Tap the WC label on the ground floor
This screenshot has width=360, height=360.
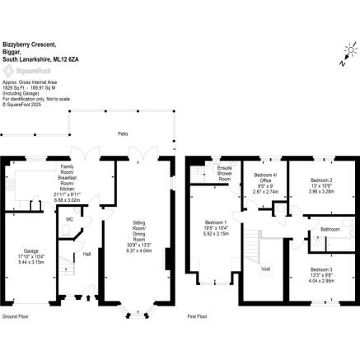70,220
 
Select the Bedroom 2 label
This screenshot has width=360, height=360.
320,179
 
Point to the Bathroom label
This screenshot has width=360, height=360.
330,229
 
